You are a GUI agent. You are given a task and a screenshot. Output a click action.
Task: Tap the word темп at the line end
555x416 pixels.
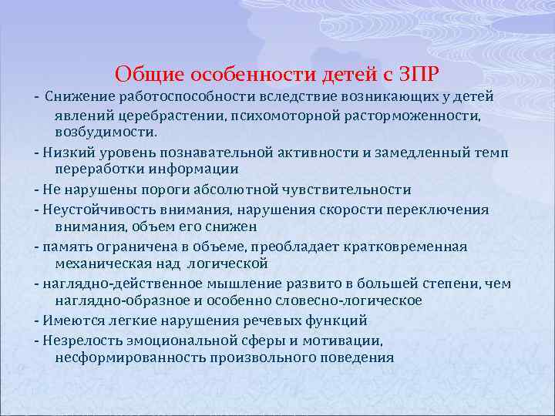coord(491,152)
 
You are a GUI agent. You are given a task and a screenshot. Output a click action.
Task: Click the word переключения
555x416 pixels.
coord(443,209)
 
